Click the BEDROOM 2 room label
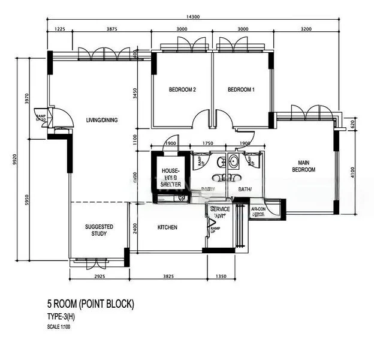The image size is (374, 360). pyautogui.click(x=182, y=90)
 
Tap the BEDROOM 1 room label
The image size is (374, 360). pyautogui.click(x=241, y=90)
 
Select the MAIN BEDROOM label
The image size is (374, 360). pyautogui.click(x=303, y=166)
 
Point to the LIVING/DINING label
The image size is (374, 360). pyautogui.click(x=101, y=120)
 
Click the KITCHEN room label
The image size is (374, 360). pyautogui.click(x=167, y=227)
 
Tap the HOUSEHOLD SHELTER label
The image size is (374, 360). pyautogui.click(x=171, y=178)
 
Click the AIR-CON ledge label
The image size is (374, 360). pyautogui.click(x=258, y=211)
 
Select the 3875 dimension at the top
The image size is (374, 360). pyautogui.click(x=111, y=29)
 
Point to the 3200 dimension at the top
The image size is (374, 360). pyautogui.click(x=306, y=29)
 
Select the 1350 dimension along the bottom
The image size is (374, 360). pyautogui.click(x=221, y=277)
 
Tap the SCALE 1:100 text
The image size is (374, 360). pyautogui.click(x=61, y=326)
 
